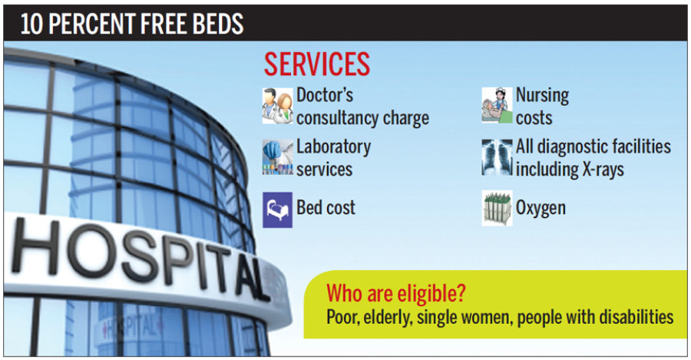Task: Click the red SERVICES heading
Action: click(x=316, y=64)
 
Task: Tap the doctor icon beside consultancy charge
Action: click(x=277, y=105)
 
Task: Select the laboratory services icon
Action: click(x=277, y=157)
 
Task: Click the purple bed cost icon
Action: click(x=277, y=209)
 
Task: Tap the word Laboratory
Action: click(x=333, y=146)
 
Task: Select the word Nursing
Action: click(x=542, y=95)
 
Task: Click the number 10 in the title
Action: click(x=31, y=25)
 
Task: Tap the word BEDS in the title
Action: click(x=216, y=25)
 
